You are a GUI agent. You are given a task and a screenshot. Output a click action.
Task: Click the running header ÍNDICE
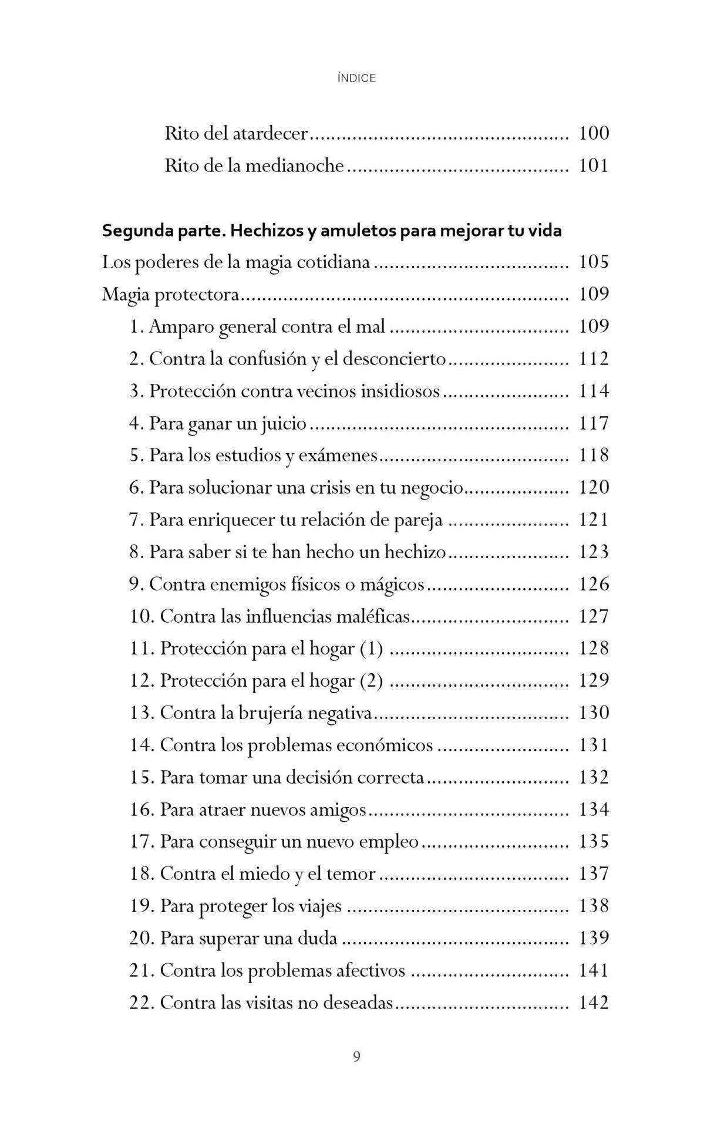356,78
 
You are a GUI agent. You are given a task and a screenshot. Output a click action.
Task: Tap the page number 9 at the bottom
356,1057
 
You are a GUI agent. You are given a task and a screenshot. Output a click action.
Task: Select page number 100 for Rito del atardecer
594,133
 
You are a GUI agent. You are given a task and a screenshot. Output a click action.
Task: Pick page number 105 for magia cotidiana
594,262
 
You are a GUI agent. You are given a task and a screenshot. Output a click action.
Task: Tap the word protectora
197,294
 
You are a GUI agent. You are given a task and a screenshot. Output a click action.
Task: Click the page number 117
594,423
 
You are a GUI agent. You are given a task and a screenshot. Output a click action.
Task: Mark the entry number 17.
141,842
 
